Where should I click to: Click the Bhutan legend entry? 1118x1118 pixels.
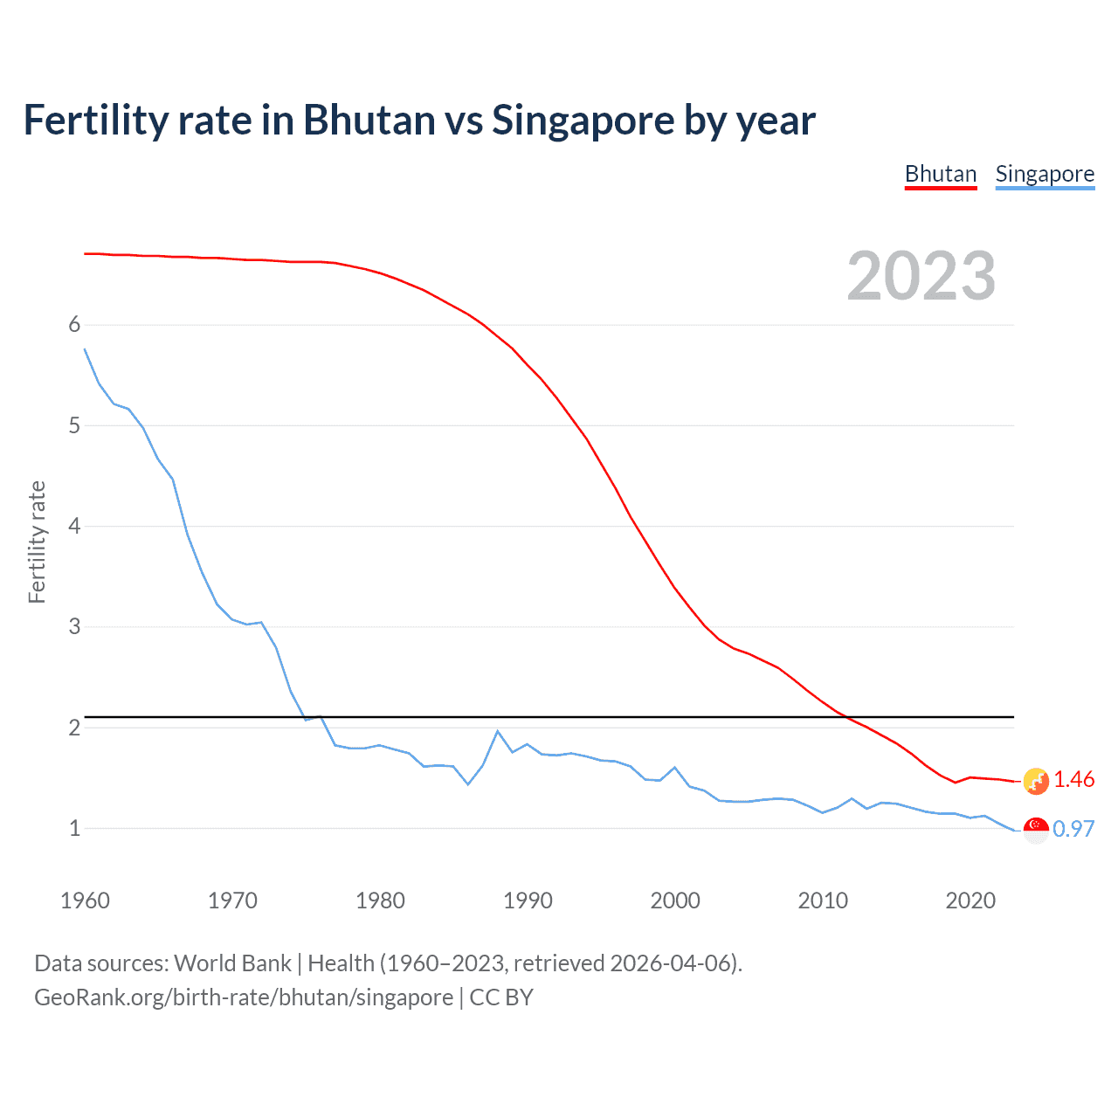pyautogui.click(x=940, y=174)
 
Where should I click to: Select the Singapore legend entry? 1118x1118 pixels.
pyautogui.click(x=1045, y=174)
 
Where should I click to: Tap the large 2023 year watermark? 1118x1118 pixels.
pyautogui.click(x=921, y=276)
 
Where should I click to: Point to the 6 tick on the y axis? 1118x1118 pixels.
pyautogui.click(x=74, y=325)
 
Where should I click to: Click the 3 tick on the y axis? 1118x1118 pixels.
pyautogui.click(x=74, y=627)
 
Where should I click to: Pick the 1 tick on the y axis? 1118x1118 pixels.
pyautogui.click(x=74, y=828)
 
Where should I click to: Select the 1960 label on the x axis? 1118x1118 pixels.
pyautogui.click(x=85, y=901)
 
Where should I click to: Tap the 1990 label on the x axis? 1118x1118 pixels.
pyautogui.click(x=528, y=901)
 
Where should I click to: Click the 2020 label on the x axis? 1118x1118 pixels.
pyautogui.click(x=970, y=901)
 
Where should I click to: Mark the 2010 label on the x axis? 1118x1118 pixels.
pyautogui.click(x=823, y=901)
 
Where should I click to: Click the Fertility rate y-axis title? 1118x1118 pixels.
pyautogui.click(x=37, y=542)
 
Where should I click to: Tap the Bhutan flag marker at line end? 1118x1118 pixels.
pyautogui.click(x=1036, y=781)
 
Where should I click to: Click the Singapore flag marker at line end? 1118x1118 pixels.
pyautogui.click(x=1036, y=830)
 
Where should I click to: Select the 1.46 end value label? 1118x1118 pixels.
pyautogui.click(x=1073, y=779)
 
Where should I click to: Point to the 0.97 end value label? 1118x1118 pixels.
pyautogui.click(x=1073, y=829)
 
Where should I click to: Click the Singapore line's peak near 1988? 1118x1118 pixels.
pyautogui.click(x=498, y=731)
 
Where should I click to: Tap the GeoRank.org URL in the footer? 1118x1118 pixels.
pyautogui.click(x=244, y=997)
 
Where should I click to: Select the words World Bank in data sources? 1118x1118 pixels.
pyautogui.click(x=232, y=963)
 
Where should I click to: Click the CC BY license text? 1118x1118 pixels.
pyautogui.click(x=501, y=997)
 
